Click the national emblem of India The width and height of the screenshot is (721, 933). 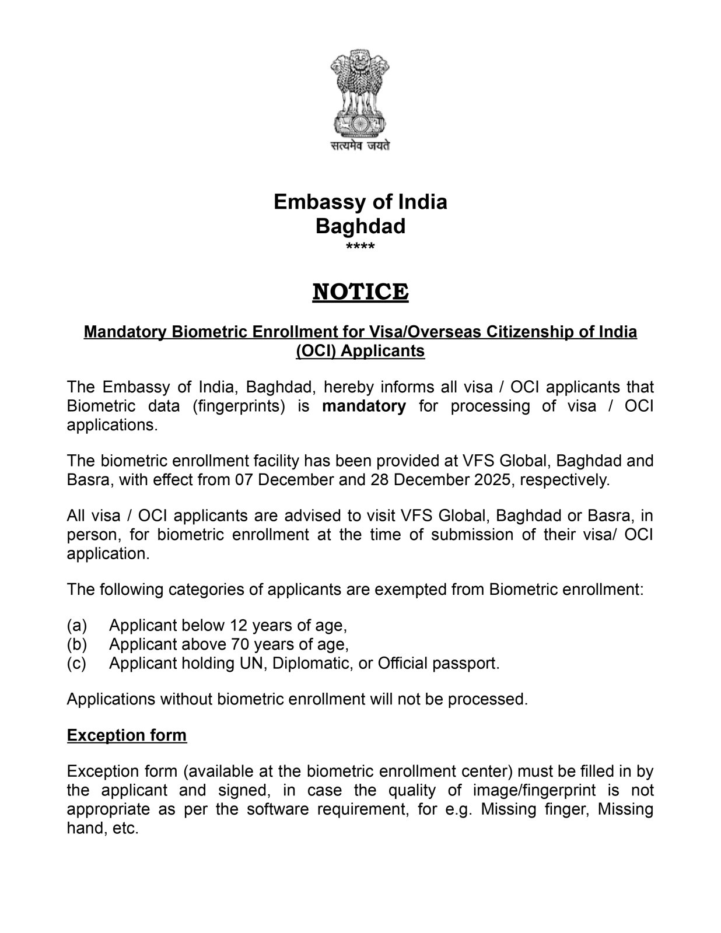360,93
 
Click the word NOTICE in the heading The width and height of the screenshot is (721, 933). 360,292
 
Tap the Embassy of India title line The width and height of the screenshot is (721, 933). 360,202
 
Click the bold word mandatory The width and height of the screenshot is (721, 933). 364,406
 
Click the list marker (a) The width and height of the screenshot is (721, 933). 77,626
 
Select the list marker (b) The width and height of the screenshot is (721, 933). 77,644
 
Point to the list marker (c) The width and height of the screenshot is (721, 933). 77,664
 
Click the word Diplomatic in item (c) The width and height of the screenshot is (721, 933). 312,664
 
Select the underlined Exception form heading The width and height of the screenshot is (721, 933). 127,735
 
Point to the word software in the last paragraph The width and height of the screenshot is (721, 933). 273,809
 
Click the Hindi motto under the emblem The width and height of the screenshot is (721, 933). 360,146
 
